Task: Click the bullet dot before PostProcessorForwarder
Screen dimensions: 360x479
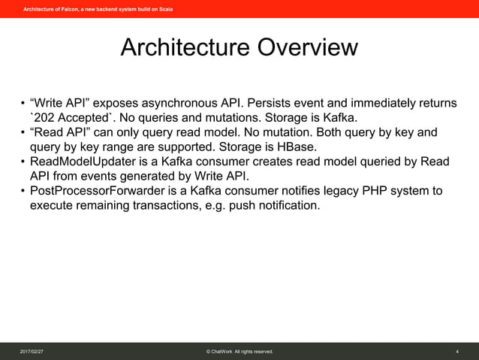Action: pos(23,191)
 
